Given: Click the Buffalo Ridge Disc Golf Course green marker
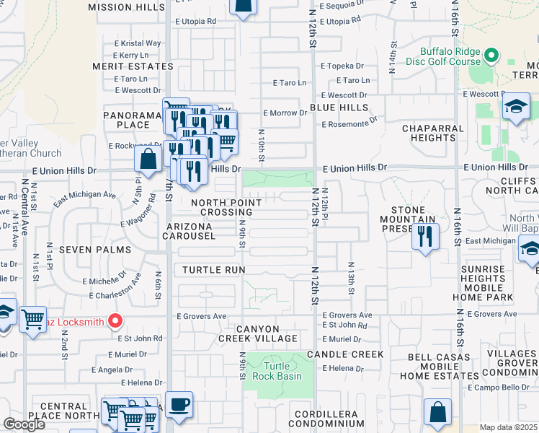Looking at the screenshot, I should (x=492, y=56).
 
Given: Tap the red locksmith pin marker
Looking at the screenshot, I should (x=115, y=321).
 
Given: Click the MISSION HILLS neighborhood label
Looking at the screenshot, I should (x=126, y=7).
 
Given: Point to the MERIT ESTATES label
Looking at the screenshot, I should (x=133, y=66).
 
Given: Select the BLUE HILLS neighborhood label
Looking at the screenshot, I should (x=339, y=107).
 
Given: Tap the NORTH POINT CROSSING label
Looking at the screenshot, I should (x=221, y=207).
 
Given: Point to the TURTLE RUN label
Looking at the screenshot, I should (x=214, y=269).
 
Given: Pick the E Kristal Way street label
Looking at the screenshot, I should (x=137, y=43).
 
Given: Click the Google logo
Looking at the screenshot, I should (x=24, y=424).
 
